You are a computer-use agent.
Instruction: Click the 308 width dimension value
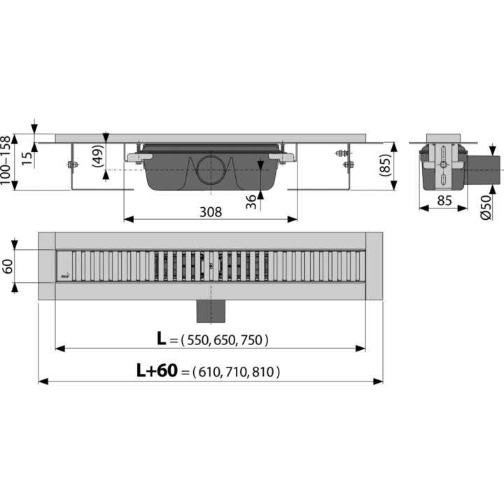point(211,212)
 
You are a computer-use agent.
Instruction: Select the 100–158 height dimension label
point(6,160)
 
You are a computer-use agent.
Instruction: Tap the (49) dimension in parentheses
point(98,156)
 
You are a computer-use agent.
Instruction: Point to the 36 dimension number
point(251,202)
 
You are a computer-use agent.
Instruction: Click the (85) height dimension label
point(385,165)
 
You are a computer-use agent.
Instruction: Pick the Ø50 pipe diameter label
point(486,208)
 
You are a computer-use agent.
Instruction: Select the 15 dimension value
point(27,158)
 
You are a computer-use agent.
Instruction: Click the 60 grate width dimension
point(8,266)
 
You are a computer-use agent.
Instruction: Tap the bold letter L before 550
point(162,339)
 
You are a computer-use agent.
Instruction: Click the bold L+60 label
point(157,370)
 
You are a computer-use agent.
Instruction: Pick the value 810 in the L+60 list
point(263,372)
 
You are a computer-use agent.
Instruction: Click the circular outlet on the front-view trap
point(211,169)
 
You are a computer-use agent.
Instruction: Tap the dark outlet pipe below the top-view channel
point(211,311)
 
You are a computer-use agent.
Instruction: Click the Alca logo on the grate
point(65,276)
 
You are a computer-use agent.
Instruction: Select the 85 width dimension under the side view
point(444,201)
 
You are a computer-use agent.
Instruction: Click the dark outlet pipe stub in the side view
point(483,170)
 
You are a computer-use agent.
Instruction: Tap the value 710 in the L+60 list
point(237,372)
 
